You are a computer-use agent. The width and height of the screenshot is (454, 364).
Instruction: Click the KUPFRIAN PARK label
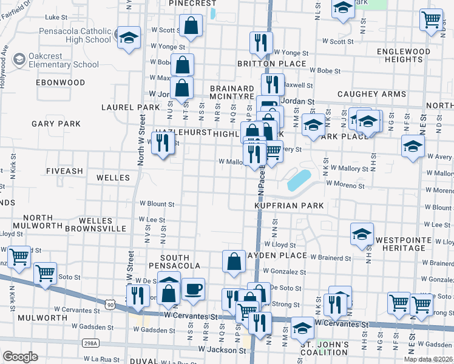click(x=289, y=206)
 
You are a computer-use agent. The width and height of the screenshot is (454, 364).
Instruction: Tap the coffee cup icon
click(x=193, y=289)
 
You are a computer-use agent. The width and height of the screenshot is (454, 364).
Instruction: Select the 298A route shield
click(x=90, y=344)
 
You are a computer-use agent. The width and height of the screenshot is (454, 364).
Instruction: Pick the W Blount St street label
click(x=157, y=204)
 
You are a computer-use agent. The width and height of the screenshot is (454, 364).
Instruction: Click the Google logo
click(x=20, y=357)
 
